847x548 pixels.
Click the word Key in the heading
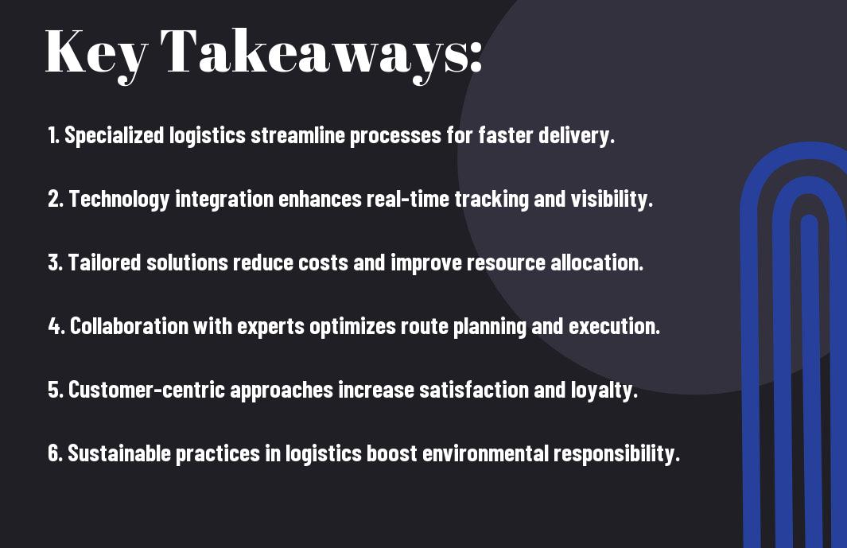95,52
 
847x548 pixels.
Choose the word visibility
610,200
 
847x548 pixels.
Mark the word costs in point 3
321,263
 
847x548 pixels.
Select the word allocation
596,263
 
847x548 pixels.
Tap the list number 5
54,391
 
